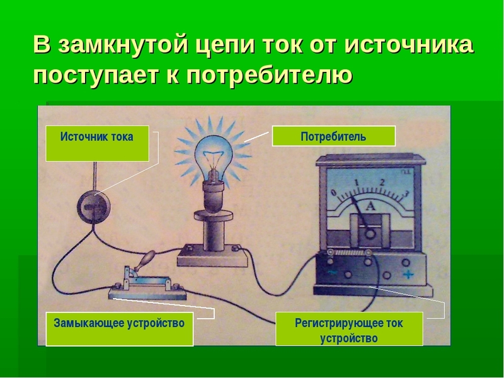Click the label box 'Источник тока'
(97, 144)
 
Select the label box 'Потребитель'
(333, 136)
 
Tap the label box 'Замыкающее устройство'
(120, 329)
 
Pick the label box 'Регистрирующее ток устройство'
(349, 329)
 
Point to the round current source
(93, 208)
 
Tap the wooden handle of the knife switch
(146, 259)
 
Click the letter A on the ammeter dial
(371, 206)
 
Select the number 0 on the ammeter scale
(334, 193)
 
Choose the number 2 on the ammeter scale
(382, 182)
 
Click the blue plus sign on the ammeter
(408, 275)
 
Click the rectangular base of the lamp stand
(213, 256)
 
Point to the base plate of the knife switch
(147, 292)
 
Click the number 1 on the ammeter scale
(356, 183)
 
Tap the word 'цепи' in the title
(225, 45)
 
